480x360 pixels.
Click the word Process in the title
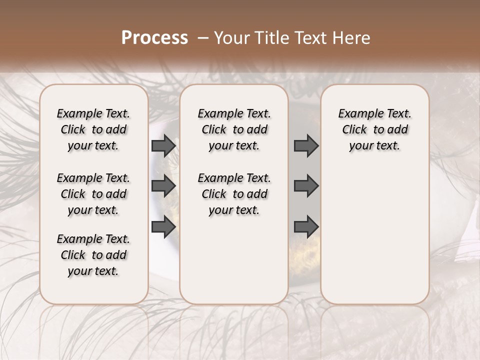154,38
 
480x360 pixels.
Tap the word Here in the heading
351,38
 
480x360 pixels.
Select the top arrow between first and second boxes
163,145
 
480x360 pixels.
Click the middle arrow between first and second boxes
163,186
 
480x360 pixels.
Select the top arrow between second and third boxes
306,145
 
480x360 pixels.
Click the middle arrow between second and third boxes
306,186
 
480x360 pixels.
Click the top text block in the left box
93,129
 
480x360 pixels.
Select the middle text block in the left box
93,194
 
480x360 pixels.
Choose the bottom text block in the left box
93,255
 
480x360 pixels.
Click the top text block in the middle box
234,129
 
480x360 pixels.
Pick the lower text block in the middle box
234,194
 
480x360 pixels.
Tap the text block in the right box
375,129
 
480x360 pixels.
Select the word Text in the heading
306,38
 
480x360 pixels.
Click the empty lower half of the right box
375,240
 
